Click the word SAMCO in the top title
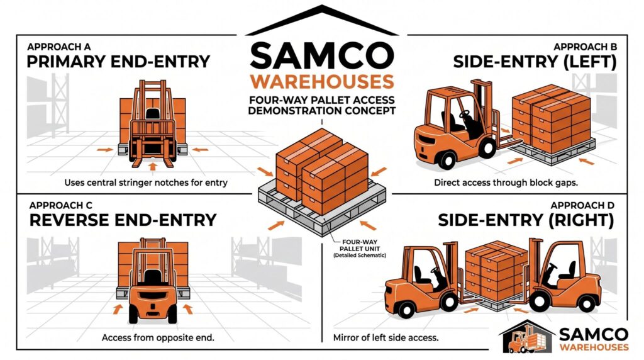[x=322, y=55]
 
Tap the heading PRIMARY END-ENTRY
[x=118, y=62]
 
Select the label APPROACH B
[x=585, y=47]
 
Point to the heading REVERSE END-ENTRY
[x=123, y=220]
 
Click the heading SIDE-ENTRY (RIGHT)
[x=526, y=220]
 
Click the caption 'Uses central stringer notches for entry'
[x=146, y=183]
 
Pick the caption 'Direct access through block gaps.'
[x=506, y=183]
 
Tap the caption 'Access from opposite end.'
[x=158, y=338]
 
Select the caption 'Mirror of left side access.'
[x=386, y=338]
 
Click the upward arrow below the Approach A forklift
[x=153, y=166]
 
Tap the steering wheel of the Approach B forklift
[x=465, y=114]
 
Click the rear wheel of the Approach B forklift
[x=448, y=158]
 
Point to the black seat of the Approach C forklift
[x=152, y=278]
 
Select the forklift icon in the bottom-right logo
[x=525, y=339]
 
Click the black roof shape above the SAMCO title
[x=322, y=20]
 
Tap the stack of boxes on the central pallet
[x=322, y=171]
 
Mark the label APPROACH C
[x=61, y=205]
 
